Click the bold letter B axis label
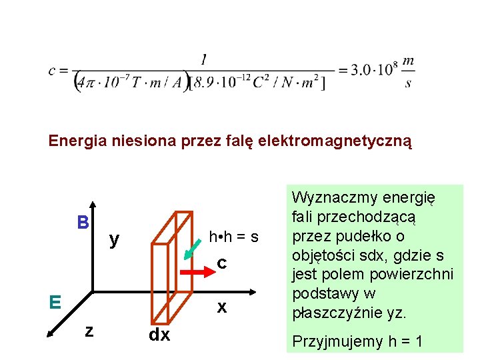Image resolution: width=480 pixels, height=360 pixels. coord(83,221)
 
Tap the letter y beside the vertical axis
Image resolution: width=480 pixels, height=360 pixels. coord(115,238)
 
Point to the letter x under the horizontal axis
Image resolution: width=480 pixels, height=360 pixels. coord(222,307)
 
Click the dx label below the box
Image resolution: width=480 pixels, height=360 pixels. coord(159,335)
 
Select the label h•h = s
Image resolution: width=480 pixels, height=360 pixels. coord(233,236)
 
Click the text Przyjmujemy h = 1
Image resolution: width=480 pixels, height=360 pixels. coord(358,341)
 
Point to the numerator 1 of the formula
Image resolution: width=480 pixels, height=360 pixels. coord(203,60)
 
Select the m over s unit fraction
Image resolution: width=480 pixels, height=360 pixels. coord(408,71)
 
